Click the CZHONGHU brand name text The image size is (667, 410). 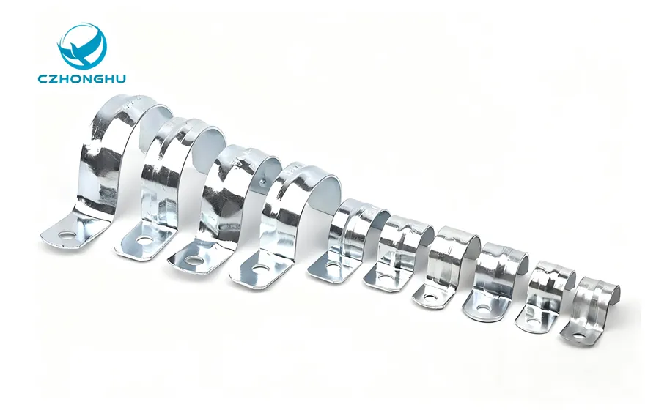[x=81, y=78]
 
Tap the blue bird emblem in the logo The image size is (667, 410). [x=82, y=46]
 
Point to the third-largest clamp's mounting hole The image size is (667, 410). [x=193, y=260]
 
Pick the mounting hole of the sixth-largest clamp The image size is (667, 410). [x=386, y=278]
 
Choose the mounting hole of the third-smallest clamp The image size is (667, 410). [x=483, y=307]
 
